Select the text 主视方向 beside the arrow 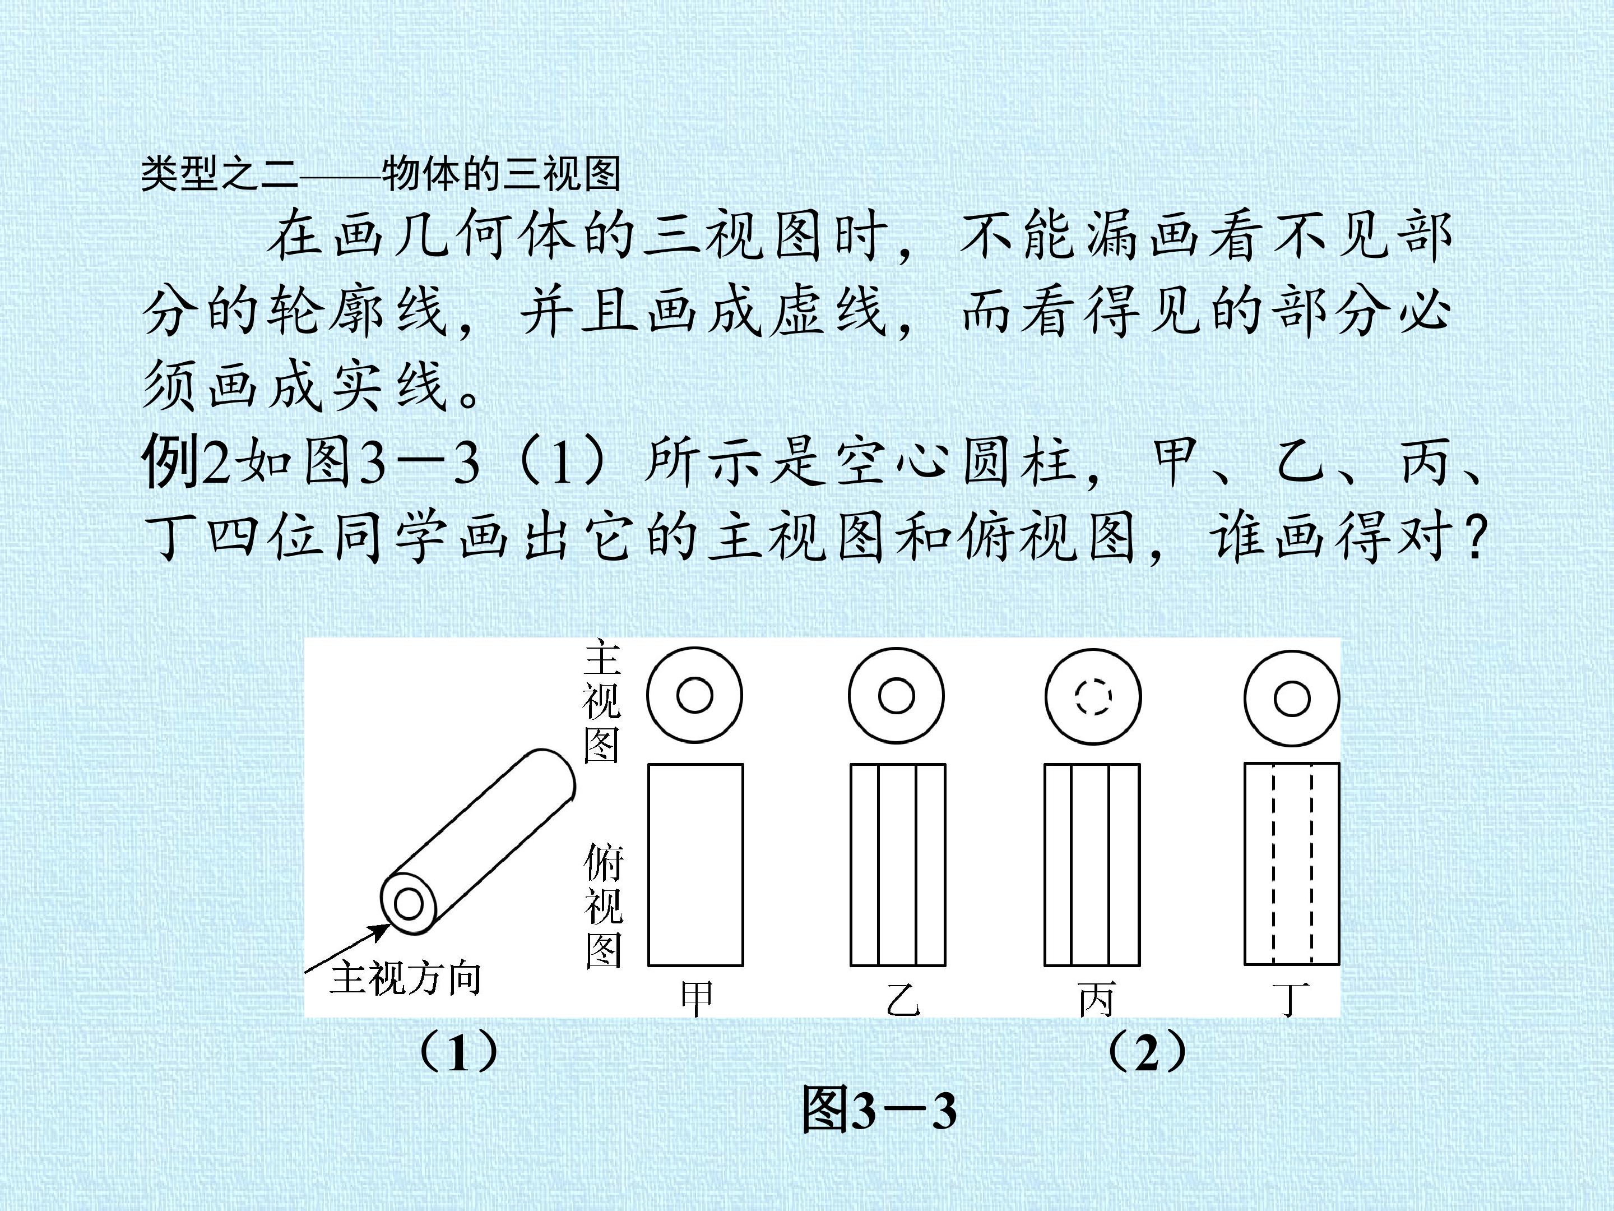click(406, 978)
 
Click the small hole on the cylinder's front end click(408, 905)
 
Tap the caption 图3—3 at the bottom click(879, 1110)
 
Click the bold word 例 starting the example click(169, 461)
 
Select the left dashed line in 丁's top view click(1273, 865)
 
